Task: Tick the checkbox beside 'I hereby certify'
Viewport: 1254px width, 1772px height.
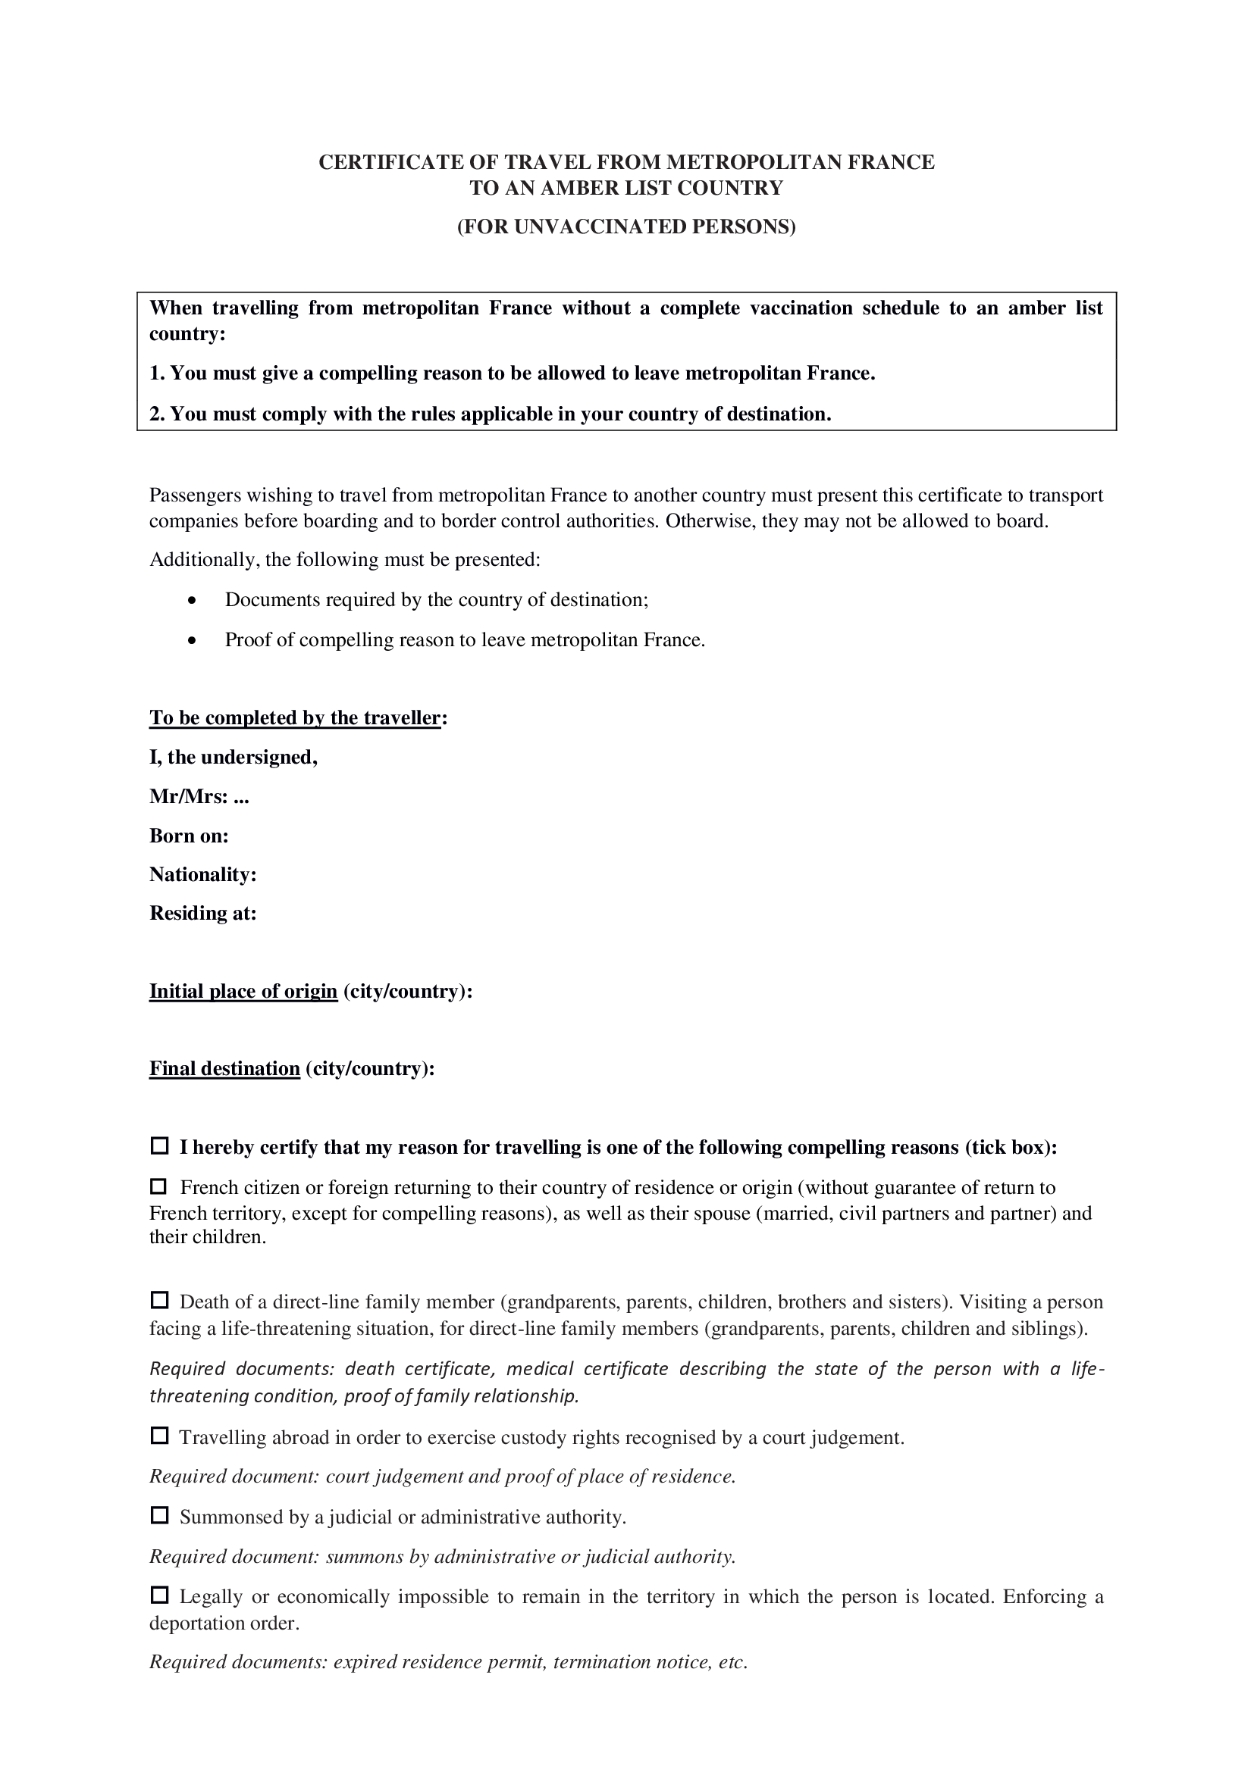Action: point(159,1146)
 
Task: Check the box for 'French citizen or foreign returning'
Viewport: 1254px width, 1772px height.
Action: point(159,1186)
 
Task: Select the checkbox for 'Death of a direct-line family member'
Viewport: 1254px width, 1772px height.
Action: point(159,1301)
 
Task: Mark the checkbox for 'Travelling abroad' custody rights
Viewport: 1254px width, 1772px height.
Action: point(159,1436)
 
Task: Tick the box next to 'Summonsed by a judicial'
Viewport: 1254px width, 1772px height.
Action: point(159,1516)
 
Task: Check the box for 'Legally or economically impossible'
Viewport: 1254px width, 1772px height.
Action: point(159,1595)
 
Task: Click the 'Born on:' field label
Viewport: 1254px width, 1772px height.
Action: point(190,836)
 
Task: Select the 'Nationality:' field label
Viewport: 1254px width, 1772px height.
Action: point(203,874)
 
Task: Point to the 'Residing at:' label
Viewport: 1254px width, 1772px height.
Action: point(203,914)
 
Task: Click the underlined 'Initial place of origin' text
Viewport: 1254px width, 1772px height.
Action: point(243,991)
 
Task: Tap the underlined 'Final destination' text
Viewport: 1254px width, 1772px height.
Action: point(224,1069)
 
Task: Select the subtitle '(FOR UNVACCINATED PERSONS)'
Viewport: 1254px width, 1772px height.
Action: point(626,227)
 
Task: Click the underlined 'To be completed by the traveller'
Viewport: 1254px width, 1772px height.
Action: point(295,717)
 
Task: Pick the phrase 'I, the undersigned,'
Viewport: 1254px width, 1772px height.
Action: point(234,757)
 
